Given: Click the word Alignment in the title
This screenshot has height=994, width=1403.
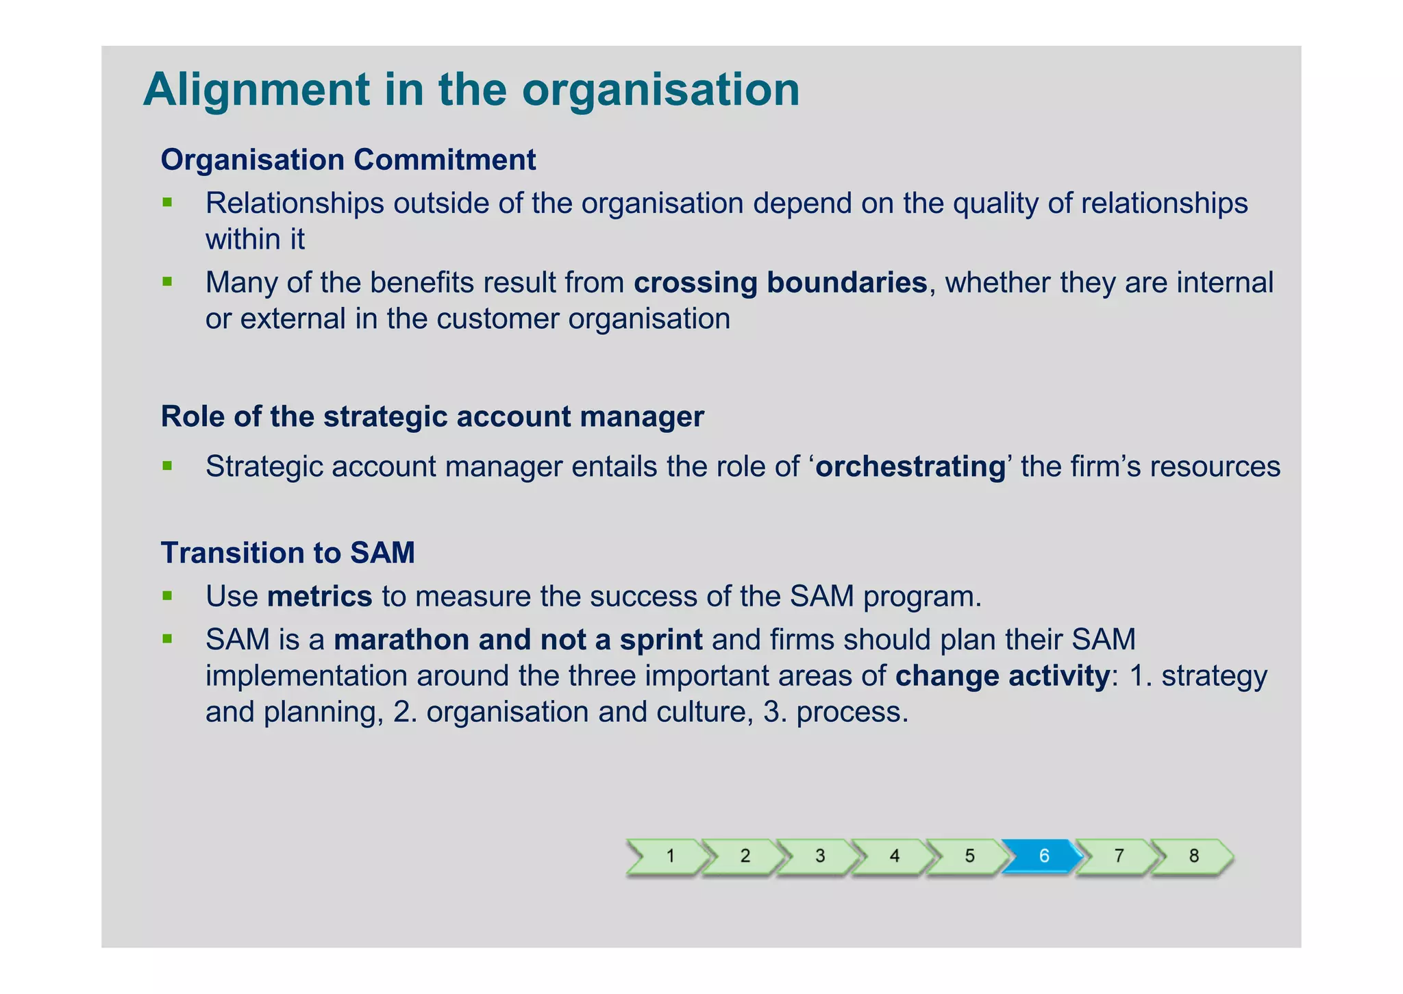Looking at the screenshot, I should pyautogui.click(x=256, y=90).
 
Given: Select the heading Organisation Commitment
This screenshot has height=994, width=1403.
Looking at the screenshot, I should pyautogui.click(x=348, y=160).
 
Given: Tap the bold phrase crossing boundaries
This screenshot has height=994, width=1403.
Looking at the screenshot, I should pyautogui.click(x=780, y=282).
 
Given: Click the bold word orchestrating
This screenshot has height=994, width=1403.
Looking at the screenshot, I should pyautogui.click(x=910, y=467).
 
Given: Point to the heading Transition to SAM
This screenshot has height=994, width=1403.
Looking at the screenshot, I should pyautogui.click(x=288, y=553).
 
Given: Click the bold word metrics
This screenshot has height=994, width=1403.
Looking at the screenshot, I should pyautogui.click(x=319, y=596).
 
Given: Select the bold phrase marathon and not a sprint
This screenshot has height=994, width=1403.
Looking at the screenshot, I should pyautogui.click(x=518, y=639).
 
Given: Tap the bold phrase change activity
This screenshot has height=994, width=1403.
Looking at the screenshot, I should pyautogui.click(x=1002, y=676).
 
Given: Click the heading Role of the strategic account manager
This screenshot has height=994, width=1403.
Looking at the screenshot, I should pyautogui.click(x=432, y=417).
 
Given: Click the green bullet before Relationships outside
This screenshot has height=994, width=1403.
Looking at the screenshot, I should pyautogui.click(x=167, y=203).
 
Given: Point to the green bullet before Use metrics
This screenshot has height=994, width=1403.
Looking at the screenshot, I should pyautogui.click(x=167, y=596).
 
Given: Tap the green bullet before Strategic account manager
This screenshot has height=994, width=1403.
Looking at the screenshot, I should pyautogui.click(x=167, y=467).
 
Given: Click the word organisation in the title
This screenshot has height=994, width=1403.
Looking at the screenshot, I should pyautogui.click(x=660, y=90).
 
